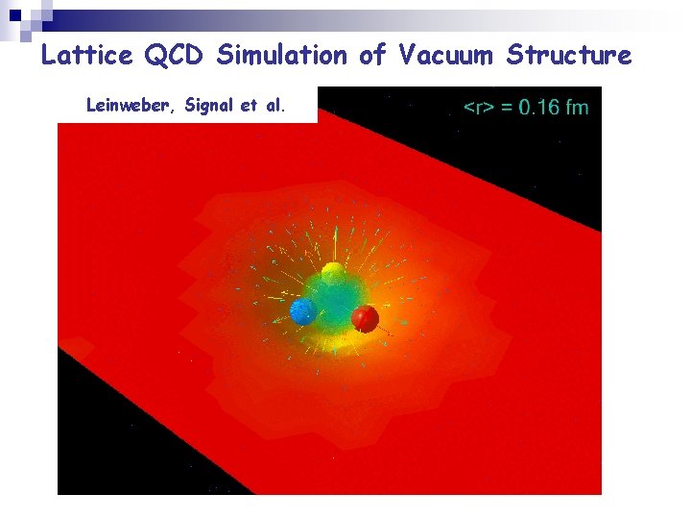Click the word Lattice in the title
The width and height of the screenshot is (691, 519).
tap(87, 55)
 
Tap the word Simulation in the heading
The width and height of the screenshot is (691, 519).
tap(281, 55)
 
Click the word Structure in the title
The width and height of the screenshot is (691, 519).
tap(569, 55)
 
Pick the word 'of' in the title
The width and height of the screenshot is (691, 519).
tap(371, 55)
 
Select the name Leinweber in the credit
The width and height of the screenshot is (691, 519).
tap(123, 106)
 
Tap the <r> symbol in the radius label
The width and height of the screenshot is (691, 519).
tap(477, 107)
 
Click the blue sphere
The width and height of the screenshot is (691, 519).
tap(303, 310)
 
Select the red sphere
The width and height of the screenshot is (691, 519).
tap(365, 317)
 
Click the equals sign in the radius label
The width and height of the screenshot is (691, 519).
tap(506, 107)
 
